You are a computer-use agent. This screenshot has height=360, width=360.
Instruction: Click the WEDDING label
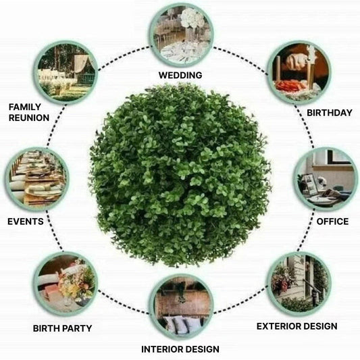(x=180, y=75)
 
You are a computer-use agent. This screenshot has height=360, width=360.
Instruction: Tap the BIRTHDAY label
(x=330, y=113)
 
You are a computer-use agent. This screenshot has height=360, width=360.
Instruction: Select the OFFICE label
(x=332, y=222)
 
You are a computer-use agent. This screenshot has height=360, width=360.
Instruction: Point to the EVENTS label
(x=26, y=222)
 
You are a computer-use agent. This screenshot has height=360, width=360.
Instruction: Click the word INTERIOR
(x=159, y=349)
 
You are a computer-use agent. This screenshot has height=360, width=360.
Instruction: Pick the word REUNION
(x=29, y=118)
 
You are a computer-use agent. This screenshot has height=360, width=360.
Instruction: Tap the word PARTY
(x=77, y=328)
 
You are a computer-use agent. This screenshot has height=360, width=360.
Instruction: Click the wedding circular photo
(x=182, y=34)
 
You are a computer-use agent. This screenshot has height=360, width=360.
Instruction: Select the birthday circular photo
(x=299, y=72)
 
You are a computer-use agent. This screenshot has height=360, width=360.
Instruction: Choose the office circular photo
(x=326, y=179)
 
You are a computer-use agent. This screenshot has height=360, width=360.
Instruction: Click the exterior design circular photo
(x=299, y=284)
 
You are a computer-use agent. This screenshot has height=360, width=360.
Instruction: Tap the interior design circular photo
(x=182, y=307)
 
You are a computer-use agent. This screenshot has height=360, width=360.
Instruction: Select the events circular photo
(x=36, y=179)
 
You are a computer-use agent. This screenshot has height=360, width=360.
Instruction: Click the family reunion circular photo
(x=66, y=72)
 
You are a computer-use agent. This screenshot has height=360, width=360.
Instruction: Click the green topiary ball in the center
(x=180, y=176)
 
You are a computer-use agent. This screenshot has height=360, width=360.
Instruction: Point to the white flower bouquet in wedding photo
(x=192, y=18)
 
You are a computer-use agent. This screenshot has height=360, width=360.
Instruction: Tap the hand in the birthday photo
(x=297, y=60)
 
